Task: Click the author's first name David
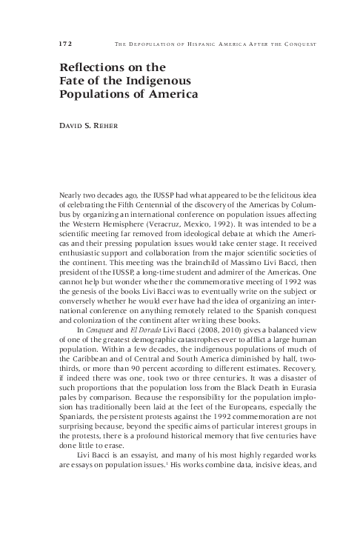click(72, 127)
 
